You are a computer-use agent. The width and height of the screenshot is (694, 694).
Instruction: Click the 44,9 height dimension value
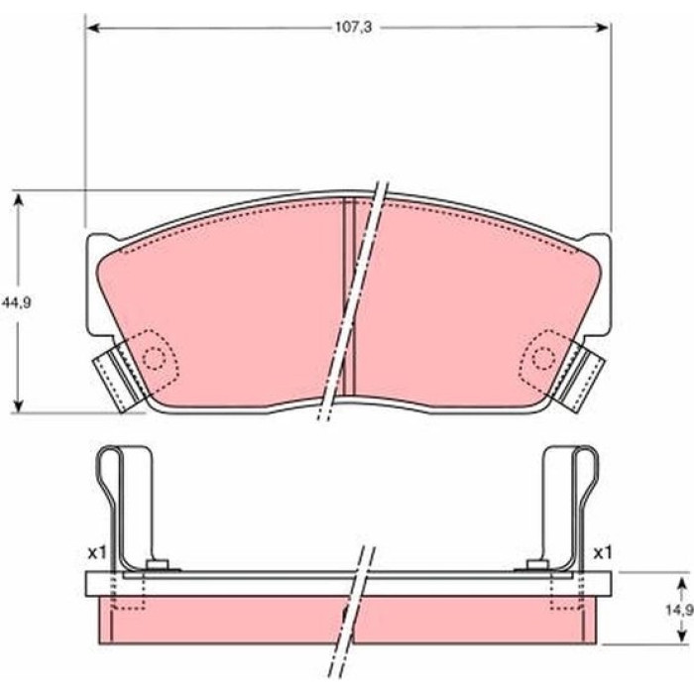point(17,302)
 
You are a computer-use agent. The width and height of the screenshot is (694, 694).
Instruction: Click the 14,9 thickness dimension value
point(679,611)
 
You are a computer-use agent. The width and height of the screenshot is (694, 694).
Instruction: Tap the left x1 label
point(96,552)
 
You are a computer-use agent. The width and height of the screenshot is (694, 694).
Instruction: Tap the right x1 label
point(603,552)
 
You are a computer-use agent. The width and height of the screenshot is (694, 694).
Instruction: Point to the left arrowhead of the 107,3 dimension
point(92,29)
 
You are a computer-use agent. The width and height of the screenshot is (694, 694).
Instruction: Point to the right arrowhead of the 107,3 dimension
point(603,28)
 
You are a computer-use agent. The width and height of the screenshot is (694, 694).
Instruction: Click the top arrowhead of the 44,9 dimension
point(18,199)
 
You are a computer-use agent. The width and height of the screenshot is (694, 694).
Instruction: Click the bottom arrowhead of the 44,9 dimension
point(18,405)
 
